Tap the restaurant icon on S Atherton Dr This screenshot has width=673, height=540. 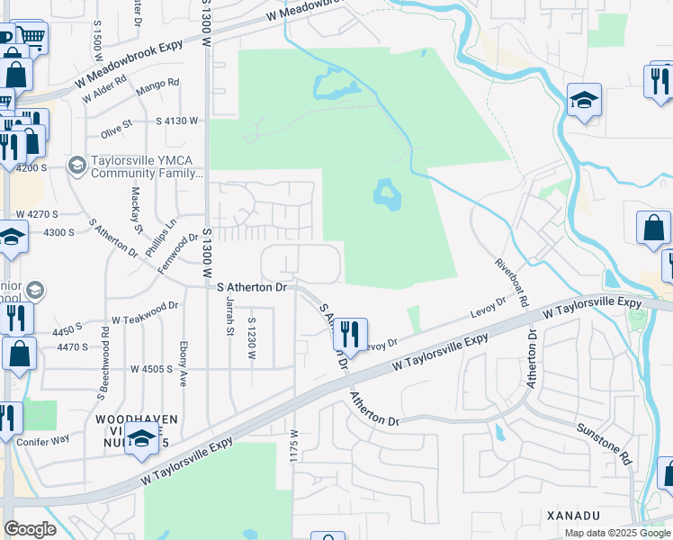click(x=349, y=336)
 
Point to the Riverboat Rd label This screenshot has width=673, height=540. click(x=510, y=280)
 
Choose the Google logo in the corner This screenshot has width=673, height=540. click(x=30, y=529)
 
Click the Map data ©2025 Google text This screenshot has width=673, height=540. click(x=617, y=533)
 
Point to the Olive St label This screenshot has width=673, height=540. click(x=116, y=126)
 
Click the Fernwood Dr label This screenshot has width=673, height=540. click(x=177, y=250)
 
